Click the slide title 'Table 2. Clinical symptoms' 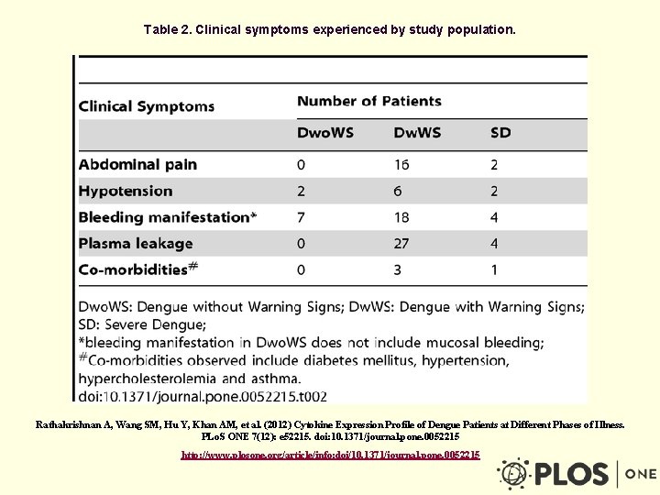pyautogui.click(x=330, y=29)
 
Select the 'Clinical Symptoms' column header pyautogui.click(x=147, y=106)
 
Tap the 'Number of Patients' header pyautogui.click(x=369, y=101)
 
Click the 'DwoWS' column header pyautogui.click(x=325, y=133)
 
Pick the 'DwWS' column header pyautogui.click(x=418, y=133)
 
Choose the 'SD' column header pyautogui.click(x=500, y=133)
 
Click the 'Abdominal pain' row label pyautogui.click(x=137, y=165)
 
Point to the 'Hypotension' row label pyautogui.click(x=126, y=191)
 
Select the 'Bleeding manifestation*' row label pyautogui.click(x=168, y=217)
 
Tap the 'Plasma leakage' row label pyautogui.click(x=136, y=244)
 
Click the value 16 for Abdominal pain pyautogui.click(x=401, y=165)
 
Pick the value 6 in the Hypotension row pyautogui.click(x=398, y=191)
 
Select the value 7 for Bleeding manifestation pyautogui.click(x=302, y=217)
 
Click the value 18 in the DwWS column pyautogui.click(x=402, y=217)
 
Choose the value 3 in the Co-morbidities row pyautogui.click(x=398, y=270)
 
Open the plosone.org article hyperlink pyautogui.click(x=330, y=455)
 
